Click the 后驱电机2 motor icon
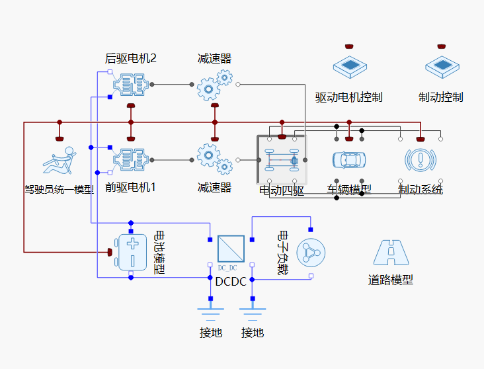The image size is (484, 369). point(131,85)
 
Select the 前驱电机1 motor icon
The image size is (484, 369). point(131,160)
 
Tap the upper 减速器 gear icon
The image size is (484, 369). point(215,85)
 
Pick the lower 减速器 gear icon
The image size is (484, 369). point(215,160)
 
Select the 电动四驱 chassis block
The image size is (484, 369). point(282,159)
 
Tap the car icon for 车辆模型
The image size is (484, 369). point(348,160)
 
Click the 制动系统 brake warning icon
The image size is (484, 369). point(420,160)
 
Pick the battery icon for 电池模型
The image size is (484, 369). point(132,251)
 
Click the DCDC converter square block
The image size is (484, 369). point(231,249)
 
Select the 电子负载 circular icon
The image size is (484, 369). point(311,252)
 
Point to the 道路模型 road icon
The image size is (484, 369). point(391,252)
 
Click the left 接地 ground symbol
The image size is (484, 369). point(211,311)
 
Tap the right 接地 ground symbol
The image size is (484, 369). point(252,311)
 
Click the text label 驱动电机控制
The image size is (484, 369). point(348,97)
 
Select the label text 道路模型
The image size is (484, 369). point(391,280)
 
